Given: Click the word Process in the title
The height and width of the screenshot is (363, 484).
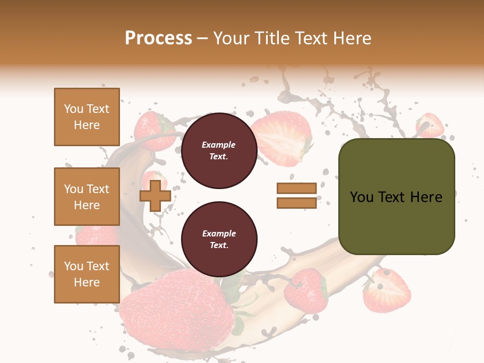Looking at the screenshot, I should click(x=158, y=38).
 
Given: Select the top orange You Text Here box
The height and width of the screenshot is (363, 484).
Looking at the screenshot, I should click(x=87, y=117).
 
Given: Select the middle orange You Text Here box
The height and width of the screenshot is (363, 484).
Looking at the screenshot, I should click(x=87, y=197).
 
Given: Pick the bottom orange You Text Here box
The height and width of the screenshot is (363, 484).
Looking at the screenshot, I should click(x=87, y=274).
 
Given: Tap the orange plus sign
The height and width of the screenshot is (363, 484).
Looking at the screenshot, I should click(x=155, y=196).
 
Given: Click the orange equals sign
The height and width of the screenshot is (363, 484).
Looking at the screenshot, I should click(x=296, y=196).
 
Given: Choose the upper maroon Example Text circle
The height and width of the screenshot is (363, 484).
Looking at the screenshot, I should click(x=219, y=151).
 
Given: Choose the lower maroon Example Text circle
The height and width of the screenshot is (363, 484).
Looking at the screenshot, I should click(x=219, y=239).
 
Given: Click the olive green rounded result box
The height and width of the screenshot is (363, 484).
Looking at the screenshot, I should click(x=396, y=197).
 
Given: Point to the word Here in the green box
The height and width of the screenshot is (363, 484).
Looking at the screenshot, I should click(x=426, y=197).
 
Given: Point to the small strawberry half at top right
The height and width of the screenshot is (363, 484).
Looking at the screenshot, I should click(x=430, y=125).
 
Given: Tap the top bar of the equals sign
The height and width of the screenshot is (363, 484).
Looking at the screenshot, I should click(x=296, y=189).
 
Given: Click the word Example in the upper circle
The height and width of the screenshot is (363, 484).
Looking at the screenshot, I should click(x=219, y=145).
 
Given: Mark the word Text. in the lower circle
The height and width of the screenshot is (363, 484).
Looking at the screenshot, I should click(x=219, y=245).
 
